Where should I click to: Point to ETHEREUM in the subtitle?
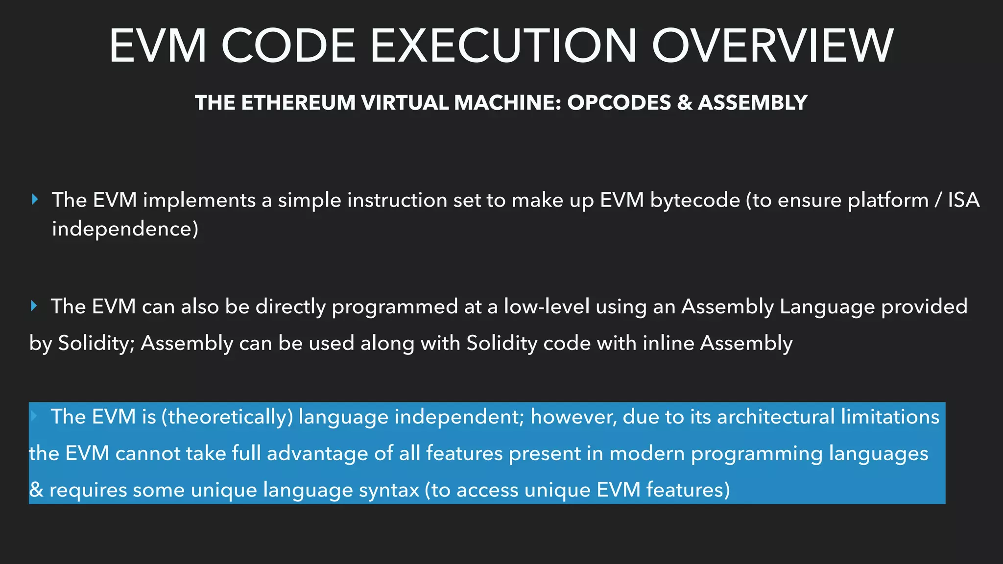point(298,103)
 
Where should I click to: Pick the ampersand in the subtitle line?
point(684,103)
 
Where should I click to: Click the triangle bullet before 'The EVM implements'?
point(34,199)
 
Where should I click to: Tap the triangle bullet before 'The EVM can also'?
point(34,306)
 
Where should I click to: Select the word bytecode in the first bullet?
point(695,200)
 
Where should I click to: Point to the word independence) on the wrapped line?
point(125,229)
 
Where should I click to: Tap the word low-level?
point(546,306)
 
